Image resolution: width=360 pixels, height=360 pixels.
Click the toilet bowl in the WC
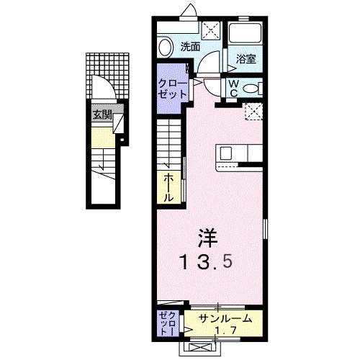251,88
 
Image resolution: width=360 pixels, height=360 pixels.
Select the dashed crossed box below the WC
253,111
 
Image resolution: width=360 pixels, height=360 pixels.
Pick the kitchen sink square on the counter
225,153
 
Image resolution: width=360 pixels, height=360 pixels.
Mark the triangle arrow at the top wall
189,9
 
